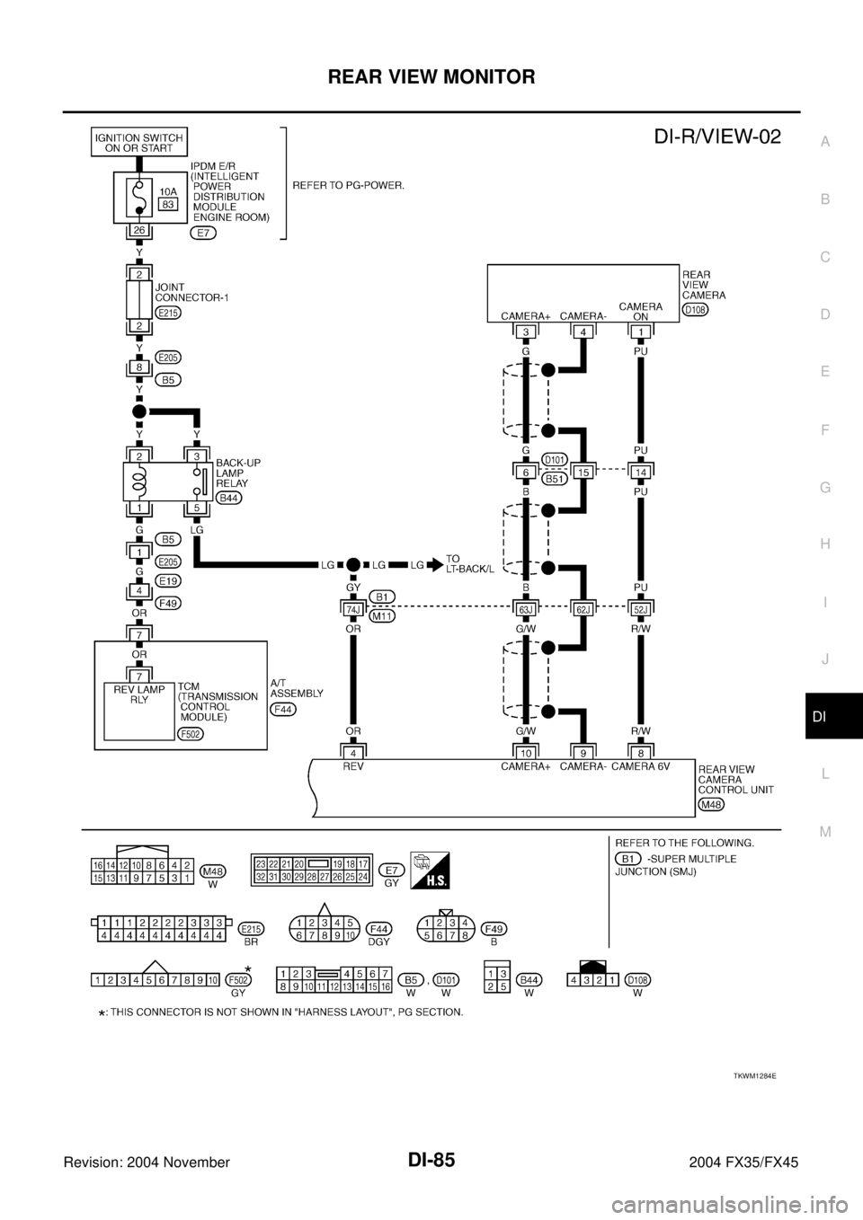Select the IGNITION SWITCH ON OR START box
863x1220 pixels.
click(x=139, y=143)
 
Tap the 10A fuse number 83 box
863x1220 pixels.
click(x=166, y=204)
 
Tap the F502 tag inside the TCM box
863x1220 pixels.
click(x=191, y=733)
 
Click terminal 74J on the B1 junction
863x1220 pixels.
click(x=351, y=608)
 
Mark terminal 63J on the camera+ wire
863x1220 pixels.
click(x=525, y=608)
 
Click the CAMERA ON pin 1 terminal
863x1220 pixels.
click(x=639, y=332)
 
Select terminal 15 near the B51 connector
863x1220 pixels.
click(x=585, y=471)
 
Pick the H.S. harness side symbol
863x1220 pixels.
click(x=430, y=869)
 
